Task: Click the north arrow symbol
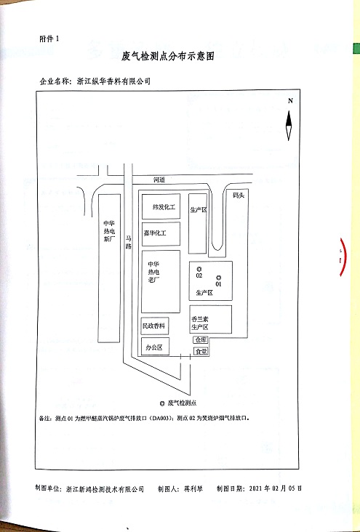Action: [x=289, y=126]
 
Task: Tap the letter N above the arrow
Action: [x=290, y=100]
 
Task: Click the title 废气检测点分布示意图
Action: [x=168, y=56]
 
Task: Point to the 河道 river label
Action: [x=159, y=180]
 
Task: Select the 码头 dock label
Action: [x=239, y=196]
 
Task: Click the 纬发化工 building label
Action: [x=164, y=207]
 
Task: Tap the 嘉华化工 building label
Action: [x=155, y=233]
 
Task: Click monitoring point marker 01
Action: [x=219, y=277]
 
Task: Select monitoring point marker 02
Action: [x=199, y=269]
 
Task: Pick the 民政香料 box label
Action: [x=154, y=326]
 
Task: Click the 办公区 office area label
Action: [x=154, y=347]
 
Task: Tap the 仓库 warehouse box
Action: [x=201, y=339]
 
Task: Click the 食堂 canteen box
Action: [x=201, y=352]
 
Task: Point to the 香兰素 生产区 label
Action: [x=200, y=323]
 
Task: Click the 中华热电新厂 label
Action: [x=109, y=231]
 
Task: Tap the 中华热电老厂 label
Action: [x=154, y=272]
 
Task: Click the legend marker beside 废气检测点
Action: [x=162, y=403]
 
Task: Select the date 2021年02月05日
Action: [x=275, y=488]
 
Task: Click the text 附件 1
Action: [x=49, y=39]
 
